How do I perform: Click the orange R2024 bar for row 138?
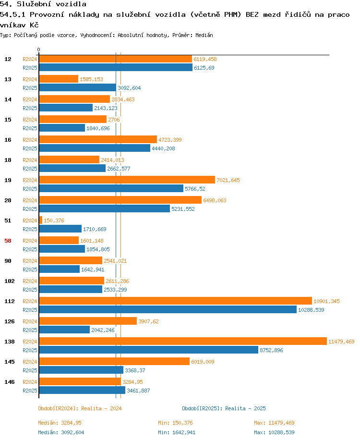coord(183,341)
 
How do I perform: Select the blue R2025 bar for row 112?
coord(168,309)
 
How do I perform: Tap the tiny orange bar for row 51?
coord(41,220)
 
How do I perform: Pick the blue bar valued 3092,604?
coord(78,87)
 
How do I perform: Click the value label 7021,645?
coord(228,180)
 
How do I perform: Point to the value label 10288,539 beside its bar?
coord(311,310)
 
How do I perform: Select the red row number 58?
coord(8,241)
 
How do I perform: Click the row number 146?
coord(10,382)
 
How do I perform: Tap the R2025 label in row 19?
coord(30,189)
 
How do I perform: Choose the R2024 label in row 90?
coord(30,261)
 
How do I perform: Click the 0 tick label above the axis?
coord(38,49)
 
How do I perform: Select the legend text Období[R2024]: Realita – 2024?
coord(80,408)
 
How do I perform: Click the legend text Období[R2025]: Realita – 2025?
coord(224,408)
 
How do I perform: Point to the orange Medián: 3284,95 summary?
coord(60,423)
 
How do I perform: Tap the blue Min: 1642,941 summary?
coord(177,432)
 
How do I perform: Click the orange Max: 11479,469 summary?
coord(274,423)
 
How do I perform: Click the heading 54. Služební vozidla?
coord(43,4)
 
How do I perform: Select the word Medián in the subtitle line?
coord(204,35)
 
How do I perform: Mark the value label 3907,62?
coord(148,321)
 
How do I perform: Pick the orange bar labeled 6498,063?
coord(120,200)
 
